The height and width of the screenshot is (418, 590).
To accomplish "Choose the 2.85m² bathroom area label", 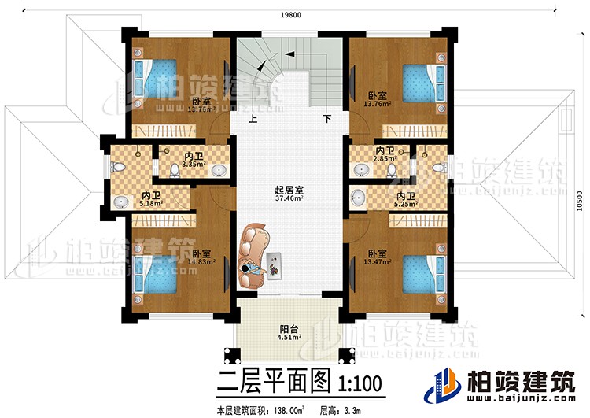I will coord(385,158).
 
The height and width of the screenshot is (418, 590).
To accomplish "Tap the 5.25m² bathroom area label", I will coord(405,203).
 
